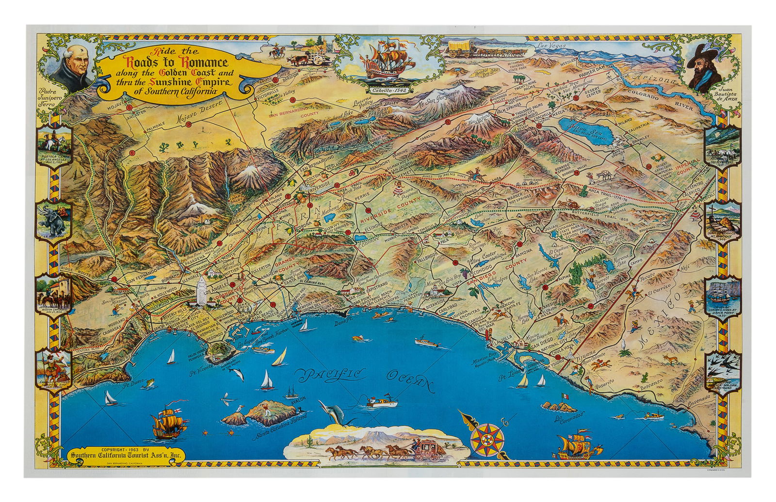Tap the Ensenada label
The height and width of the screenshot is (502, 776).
click(x=699, y=398)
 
